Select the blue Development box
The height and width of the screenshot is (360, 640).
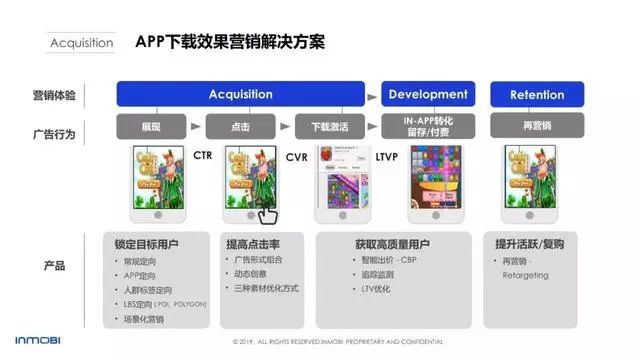click(427, 94)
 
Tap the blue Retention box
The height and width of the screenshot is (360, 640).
click(537, 95)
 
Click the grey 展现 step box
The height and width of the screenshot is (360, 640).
click(151, 127)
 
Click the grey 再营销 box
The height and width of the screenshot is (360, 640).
click(537, 127)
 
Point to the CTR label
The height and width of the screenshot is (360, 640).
click(203, 156)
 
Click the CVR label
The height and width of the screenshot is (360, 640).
click(296, 156)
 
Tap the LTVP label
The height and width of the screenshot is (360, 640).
click(387, 156)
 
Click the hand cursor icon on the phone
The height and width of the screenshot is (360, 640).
click(265, 213)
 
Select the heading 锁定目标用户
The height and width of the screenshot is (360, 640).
click(148, 244)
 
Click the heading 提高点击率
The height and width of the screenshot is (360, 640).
click(253, 244)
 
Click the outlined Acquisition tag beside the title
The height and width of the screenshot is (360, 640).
click(82, 44)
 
